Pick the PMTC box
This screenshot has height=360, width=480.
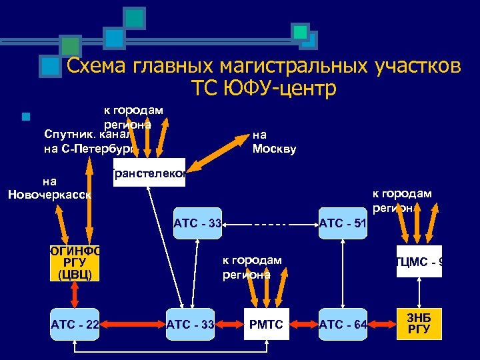pos(267,325)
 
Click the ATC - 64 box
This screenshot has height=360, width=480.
pos(343,325)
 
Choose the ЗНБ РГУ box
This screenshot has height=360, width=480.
pos(419,325)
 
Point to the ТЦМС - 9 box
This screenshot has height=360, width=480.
pos(419,261)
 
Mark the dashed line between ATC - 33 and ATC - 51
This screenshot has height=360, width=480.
pos(271,225)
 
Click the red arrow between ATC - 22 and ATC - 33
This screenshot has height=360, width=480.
pos(133,325)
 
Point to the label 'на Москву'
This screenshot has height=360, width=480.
pos(274,142)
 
